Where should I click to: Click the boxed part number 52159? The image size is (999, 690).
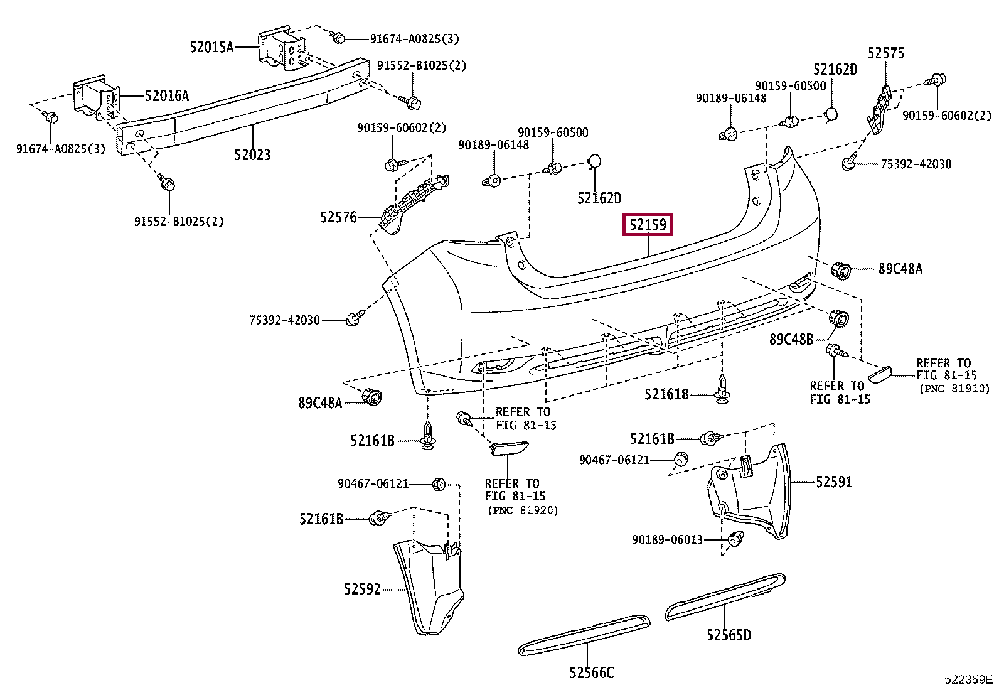pyautogui.click(x=648, y=225)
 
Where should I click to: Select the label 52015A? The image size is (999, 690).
pyautogui.click(x=211, y=47)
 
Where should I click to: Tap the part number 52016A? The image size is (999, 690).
pyautogui.click(x=167, y=95)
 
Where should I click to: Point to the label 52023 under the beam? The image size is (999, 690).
pyautogui.click(x=252, y=155)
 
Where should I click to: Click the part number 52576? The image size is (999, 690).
pyautogui.click(x=338, y=217)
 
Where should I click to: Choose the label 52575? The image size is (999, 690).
pyautogui.click(x=885, y=53)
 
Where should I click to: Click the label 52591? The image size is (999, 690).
pyautogui.click(x=834, y=482)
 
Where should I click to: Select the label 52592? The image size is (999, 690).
pyautogui.click(x=363, y=589)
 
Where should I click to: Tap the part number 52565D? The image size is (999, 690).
pyautogui.click(x=729, y=635)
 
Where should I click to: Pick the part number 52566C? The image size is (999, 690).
pyautogui.click(x=591, y=672)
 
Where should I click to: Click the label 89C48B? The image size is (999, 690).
pyautogui.click(x=791, y=339)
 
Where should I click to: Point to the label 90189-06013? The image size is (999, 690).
pyautogui.click(x=667, y=540)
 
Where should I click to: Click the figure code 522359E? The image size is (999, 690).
pyautogui.click(x=969, y=679)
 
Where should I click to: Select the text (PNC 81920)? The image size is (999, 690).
pyautogui.click(x=523, y=510)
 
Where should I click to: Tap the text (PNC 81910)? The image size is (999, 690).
pyautogui.click(x=955, y=389)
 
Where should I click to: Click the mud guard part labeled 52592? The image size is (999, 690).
pyautogui.click(x=428, y=587)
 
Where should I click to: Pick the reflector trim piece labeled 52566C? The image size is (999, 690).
pyautogui.click(x=584, y=635)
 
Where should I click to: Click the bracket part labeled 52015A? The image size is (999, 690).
pyautogui.click(x=282, y=49)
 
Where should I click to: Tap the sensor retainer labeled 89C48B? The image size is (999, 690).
pyautogui.click(x=838, y=318)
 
